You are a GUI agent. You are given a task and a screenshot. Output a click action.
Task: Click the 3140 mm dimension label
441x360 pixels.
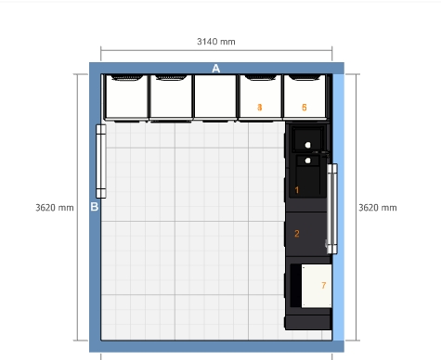(x=216, y=42)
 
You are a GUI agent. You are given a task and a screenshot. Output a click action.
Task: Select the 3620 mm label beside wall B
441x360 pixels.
(x=55, y=208)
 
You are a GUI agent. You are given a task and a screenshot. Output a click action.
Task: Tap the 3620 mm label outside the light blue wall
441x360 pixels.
(x=378, y=208)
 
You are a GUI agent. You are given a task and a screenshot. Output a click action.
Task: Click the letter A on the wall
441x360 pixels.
(x=216, y=69)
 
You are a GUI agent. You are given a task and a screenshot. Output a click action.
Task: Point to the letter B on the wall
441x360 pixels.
(x=95, y=207)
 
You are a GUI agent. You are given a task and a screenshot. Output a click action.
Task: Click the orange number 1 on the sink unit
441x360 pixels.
(x=297, y=190)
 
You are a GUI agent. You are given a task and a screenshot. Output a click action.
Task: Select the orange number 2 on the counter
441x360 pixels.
(x=297, y=234)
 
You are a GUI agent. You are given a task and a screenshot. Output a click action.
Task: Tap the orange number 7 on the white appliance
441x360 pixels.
(x=324, y=285)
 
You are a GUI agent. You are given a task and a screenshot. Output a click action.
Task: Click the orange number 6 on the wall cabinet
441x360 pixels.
(x=305, y=108)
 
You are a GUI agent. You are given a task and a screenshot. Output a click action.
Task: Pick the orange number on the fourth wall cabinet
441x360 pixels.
(x=260, y=108)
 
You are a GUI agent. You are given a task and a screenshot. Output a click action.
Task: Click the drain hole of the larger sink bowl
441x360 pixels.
(x=307, y=145)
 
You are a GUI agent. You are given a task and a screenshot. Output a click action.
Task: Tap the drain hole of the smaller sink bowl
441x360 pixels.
(x=307, y=161)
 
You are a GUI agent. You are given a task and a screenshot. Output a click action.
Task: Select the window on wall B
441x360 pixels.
(x=101, y=161)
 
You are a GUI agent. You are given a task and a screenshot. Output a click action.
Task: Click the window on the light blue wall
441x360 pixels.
(x=332, y=209)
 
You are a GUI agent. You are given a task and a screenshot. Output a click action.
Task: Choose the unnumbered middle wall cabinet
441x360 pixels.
(x=215, y=96)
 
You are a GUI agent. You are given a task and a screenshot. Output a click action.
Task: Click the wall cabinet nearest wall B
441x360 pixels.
(x=126, y=96)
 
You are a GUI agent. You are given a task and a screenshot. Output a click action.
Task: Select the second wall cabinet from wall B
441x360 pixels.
(x=171, y=96)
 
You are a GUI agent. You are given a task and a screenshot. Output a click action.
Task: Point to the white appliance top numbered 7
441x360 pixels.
(x=317, y=286)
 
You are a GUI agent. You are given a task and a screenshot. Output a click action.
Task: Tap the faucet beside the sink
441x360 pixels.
(x=322, y=153)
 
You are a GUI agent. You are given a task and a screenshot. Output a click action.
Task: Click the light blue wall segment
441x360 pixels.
(x=338, y=207)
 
